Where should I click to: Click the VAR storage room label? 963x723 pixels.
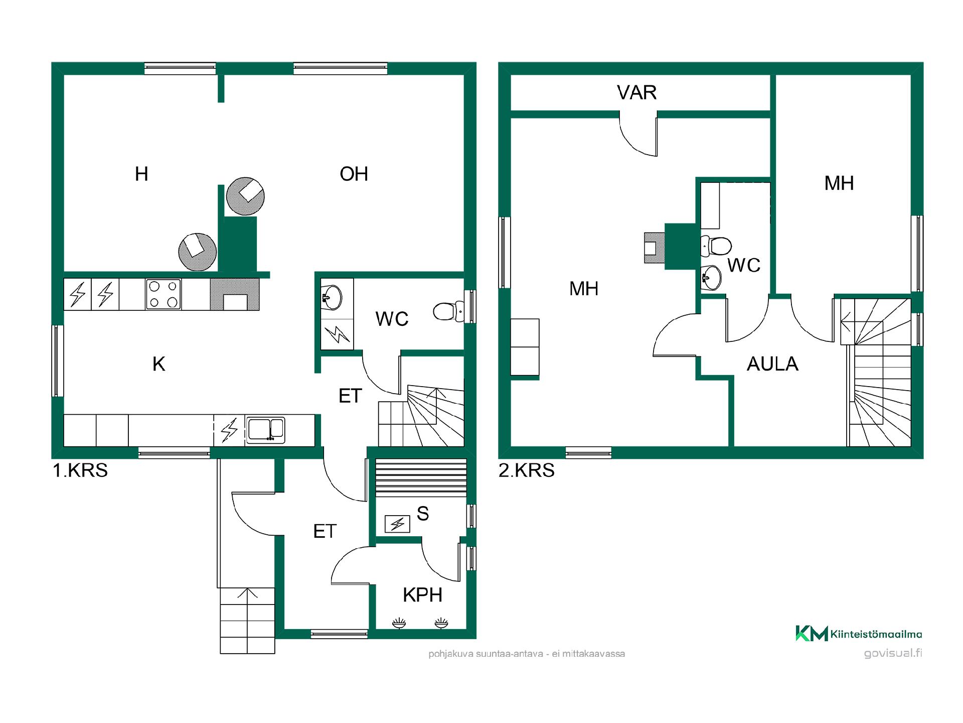tap(636, 92)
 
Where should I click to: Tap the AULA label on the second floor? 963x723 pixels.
tap(772, 364)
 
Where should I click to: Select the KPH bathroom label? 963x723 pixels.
tap(422, 595)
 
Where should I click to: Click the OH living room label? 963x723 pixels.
tap(354, 174)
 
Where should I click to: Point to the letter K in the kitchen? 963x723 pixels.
tap(158, 364)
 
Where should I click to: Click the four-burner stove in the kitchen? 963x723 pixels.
tap(164, 294)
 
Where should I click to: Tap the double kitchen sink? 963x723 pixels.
tap(265, 430)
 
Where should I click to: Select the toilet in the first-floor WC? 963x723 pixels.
tap(449, 311)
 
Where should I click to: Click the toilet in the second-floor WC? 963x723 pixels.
tap(716, 246)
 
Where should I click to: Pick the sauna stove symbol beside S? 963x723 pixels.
tap(397, 524)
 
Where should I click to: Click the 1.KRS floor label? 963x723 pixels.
tap(80, 470)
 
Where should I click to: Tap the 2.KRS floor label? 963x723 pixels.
tap(527, 470)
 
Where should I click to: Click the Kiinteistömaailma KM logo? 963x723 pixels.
tap(859, 634)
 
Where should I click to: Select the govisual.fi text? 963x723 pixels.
tap(893, 653)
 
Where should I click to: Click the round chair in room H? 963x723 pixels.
tap(198, 252)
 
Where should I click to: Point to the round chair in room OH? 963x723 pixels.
tap(245, 196)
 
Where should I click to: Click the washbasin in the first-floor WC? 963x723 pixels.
tap(331, 297)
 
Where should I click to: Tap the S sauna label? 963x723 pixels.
tap(423, 514)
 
